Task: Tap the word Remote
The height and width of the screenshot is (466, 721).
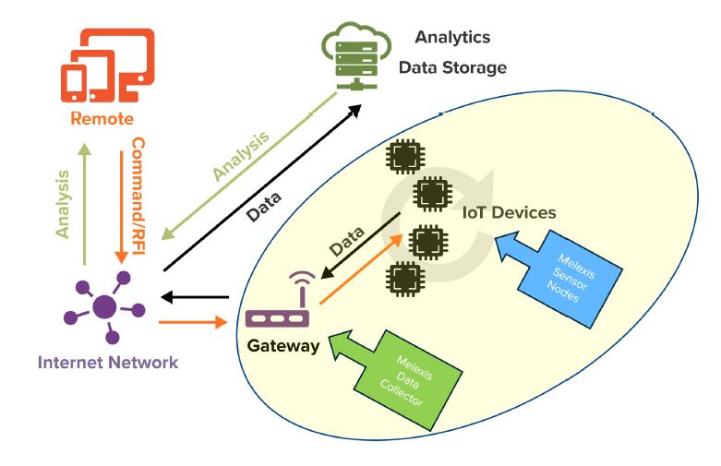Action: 102,118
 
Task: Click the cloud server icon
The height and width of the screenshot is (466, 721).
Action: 355,56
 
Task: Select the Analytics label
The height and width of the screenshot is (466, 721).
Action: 452,37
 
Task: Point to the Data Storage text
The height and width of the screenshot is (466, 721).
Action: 452,67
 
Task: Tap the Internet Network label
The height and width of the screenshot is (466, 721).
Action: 107,362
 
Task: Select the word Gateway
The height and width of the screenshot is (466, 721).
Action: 282,346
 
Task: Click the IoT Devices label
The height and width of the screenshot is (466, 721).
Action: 510,212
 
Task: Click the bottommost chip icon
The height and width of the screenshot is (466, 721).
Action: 402,277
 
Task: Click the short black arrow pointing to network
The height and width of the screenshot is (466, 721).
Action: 194,297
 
